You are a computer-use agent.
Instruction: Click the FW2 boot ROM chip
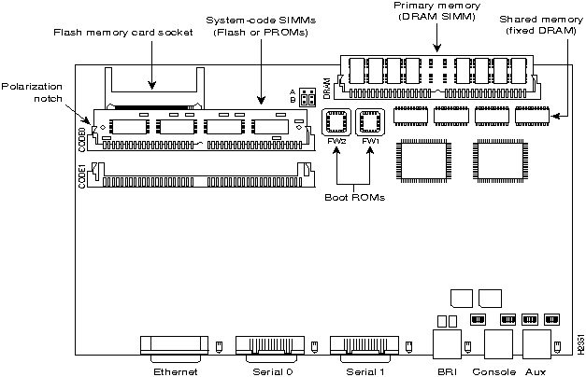337,124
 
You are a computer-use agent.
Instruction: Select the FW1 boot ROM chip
371,124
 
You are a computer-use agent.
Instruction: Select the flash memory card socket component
154,85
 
